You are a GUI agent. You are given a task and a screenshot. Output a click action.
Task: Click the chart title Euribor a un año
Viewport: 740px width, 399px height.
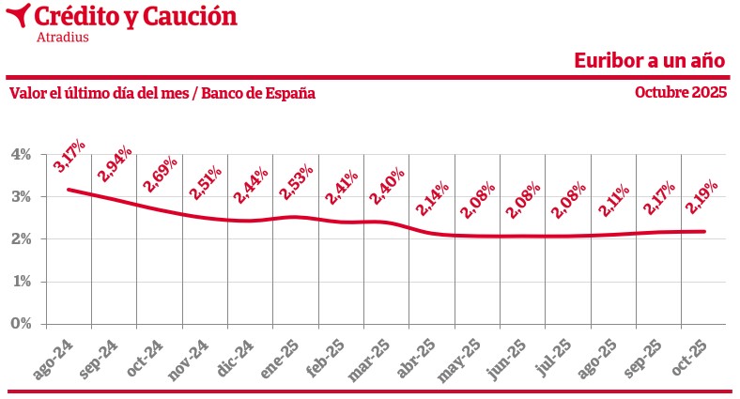coord(650,60)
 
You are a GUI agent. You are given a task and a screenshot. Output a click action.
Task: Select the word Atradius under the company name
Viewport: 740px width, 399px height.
coord(64,38)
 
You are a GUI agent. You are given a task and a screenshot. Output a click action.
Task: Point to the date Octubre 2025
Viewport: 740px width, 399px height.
coord(681,93)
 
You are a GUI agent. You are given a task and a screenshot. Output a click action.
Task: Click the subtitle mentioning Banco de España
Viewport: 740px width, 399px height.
coord(162,93)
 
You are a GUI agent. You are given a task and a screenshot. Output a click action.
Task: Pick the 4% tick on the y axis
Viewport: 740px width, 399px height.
coord(21,155)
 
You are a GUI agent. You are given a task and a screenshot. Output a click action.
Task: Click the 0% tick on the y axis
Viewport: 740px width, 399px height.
coord(21,324)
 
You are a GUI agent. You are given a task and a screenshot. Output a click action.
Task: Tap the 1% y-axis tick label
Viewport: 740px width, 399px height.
coord(21,282)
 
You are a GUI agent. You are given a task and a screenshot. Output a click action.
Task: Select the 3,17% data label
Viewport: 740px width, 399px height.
coord(69,157)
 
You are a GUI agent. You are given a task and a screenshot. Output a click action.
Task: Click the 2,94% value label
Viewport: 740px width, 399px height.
coord(115,164)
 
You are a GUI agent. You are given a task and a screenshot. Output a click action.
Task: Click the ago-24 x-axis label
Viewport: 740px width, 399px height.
coord(54,361)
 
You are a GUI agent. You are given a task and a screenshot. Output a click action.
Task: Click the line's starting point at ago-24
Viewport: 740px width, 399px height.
coord(69,190)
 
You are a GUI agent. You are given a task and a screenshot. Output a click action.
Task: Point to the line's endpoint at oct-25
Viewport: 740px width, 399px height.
coord(704,231)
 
